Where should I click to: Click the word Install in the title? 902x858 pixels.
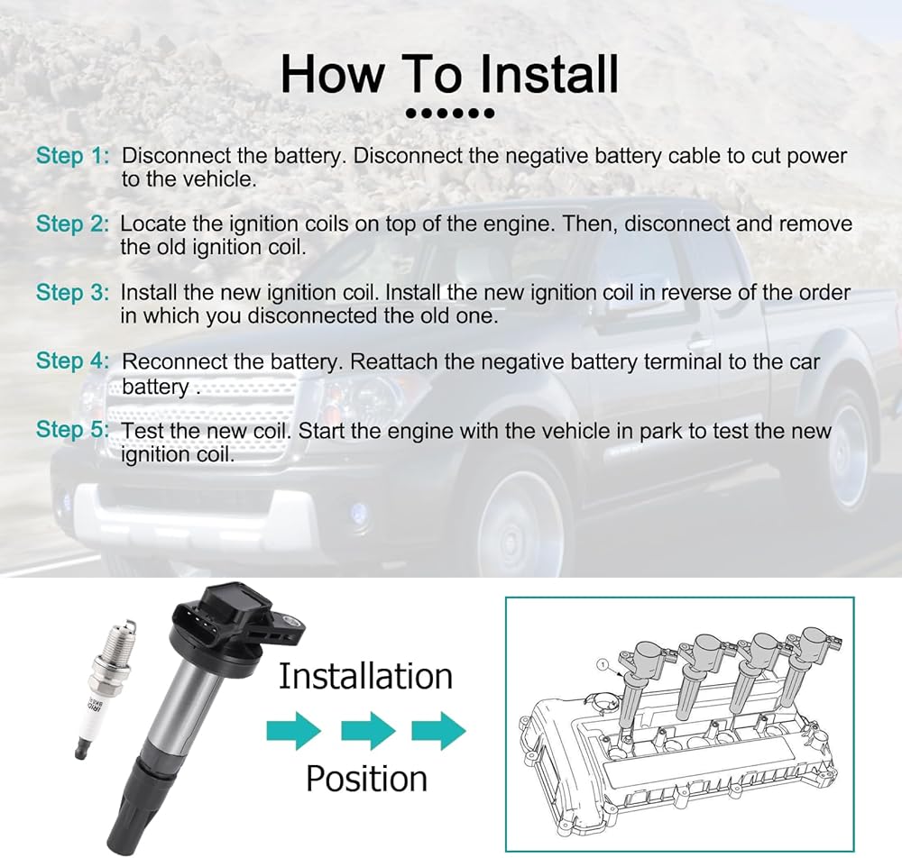coord(548,74)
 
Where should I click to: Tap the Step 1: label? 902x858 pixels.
coord(72,156)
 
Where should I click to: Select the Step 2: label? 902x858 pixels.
coord(72,224)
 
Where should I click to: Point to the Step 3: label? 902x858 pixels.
coord(72,293)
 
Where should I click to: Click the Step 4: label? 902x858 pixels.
coord(72,361)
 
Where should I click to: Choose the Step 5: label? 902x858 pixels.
coord(72,429)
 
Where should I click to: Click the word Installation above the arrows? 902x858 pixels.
coord(366,677)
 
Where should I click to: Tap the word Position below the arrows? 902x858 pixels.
coord(366,780)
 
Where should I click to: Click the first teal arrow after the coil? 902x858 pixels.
coord(294,730)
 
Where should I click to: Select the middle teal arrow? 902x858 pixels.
coord(369,730)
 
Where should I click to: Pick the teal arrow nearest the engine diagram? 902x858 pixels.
coord(439,730)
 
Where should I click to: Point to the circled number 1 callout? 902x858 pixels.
coord(603,665)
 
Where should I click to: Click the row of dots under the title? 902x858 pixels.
coord(450,114)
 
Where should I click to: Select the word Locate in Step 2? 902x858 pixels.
coord(153,224)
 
